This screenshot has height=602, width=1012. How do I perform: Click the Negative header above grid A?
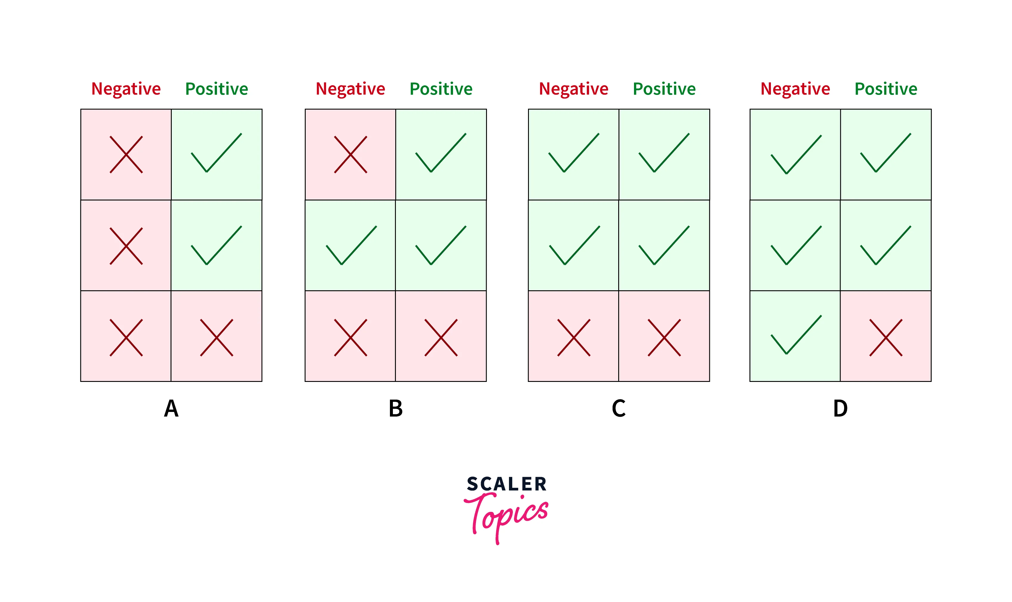pos(126,89)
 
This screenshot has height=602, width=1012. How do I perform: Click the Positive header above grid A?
pos(216,89)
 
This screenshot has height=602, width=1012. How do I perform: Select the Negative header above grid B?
pos(350,89)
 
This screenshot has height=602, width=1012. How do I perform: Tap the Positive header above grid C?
pos(664,89)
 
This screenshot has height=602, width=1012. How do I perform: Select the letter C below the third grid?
pos(619,408)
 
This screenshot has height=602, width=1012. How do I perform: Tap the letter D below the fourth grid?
pos(840,408)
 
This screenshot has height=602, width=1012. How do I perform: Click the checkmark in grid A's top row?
pos(216,153)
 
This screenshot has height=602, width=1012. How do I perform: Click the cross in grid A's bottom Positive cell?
pos(216,338)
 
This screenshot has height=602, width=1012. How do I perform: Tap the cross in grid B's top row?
pos(350,155)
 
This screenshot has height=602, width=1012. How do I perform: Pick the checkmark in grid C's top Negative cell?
pos(574,153)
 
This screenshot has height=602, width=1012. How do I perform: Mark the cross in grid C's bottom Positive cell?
pos(664,338)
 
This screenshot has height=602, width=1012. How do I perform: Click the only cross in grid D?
pos(886,338)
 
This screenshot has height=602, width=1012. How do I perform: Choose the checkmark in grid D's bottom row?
pos(796,335)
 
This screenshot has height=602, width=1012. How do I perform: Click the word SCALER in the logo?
pos(507,484)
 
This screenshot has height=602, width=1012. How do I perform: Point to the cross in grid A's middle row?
pos(126,246)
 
